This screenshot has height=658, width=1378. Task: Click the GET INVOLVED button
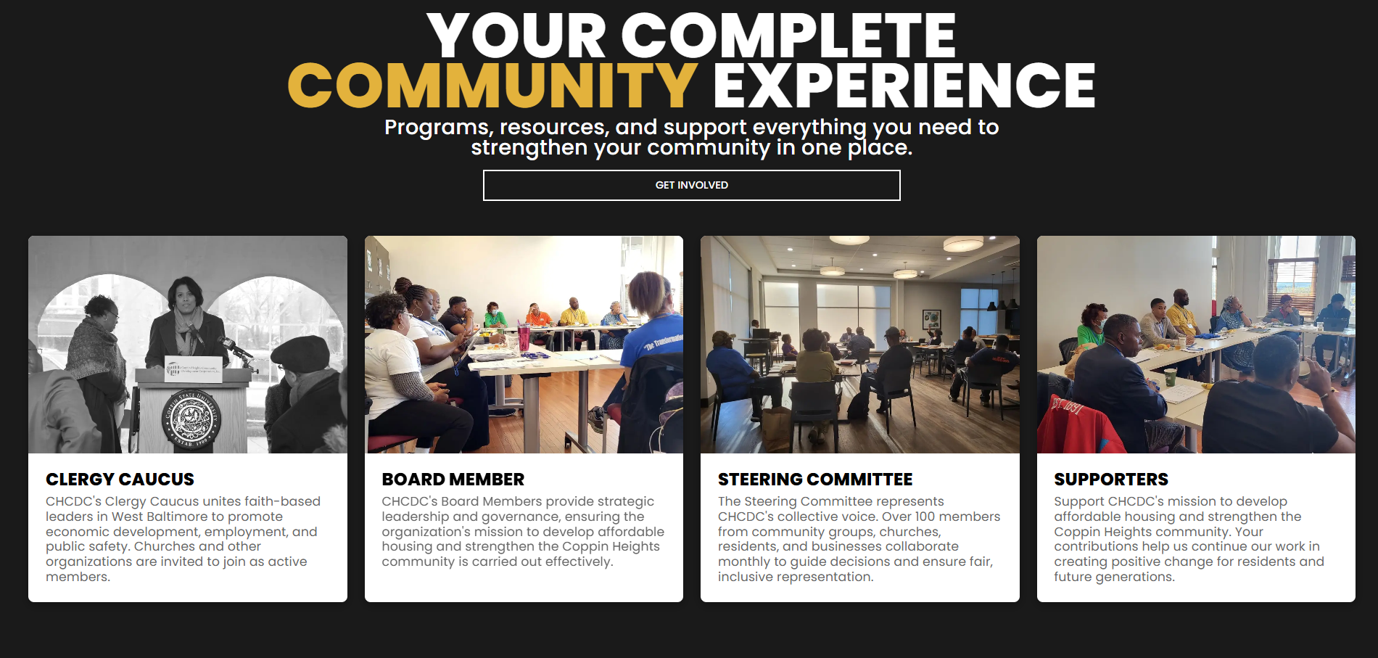tap(691, 185)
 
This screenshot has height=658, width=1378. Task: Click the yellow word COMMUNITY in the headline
tap(493, 86)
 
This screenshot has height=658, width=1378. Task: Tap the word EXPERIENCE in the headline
tap(904, 86)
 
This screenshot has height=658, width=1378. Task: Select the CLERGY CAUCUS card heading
tap(120, 480)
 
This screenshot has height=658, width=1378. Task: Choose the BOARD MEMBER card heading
tap(453, 480)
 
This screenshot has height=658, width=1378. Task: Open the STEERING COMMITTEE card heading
tap(815, 480)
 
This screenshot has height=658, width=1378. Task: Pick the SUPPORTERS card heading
tap(1111, 480)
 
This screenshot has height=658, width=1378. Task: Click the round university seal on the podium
tap(190, 418)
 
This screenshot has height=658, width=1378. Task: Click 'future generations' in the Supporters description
tap(1114, 577)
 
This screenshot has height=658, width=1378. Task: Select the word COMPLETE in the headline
tap(788, 36)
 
